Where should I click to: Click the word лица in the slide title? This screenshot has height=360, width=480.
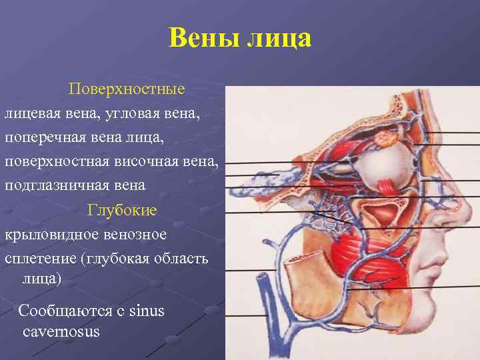(x=279, y=38)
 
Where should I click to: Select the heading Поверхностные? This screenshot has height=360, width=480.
(x=127, y=89)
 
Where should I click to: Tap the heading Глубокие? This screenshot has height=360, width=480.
(x=122, y=211)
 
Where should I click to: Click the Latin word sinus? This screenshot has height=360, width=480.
(x=147, y=311)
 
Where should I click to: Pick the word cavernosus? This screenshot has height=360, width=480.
(x=61, y=331)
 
